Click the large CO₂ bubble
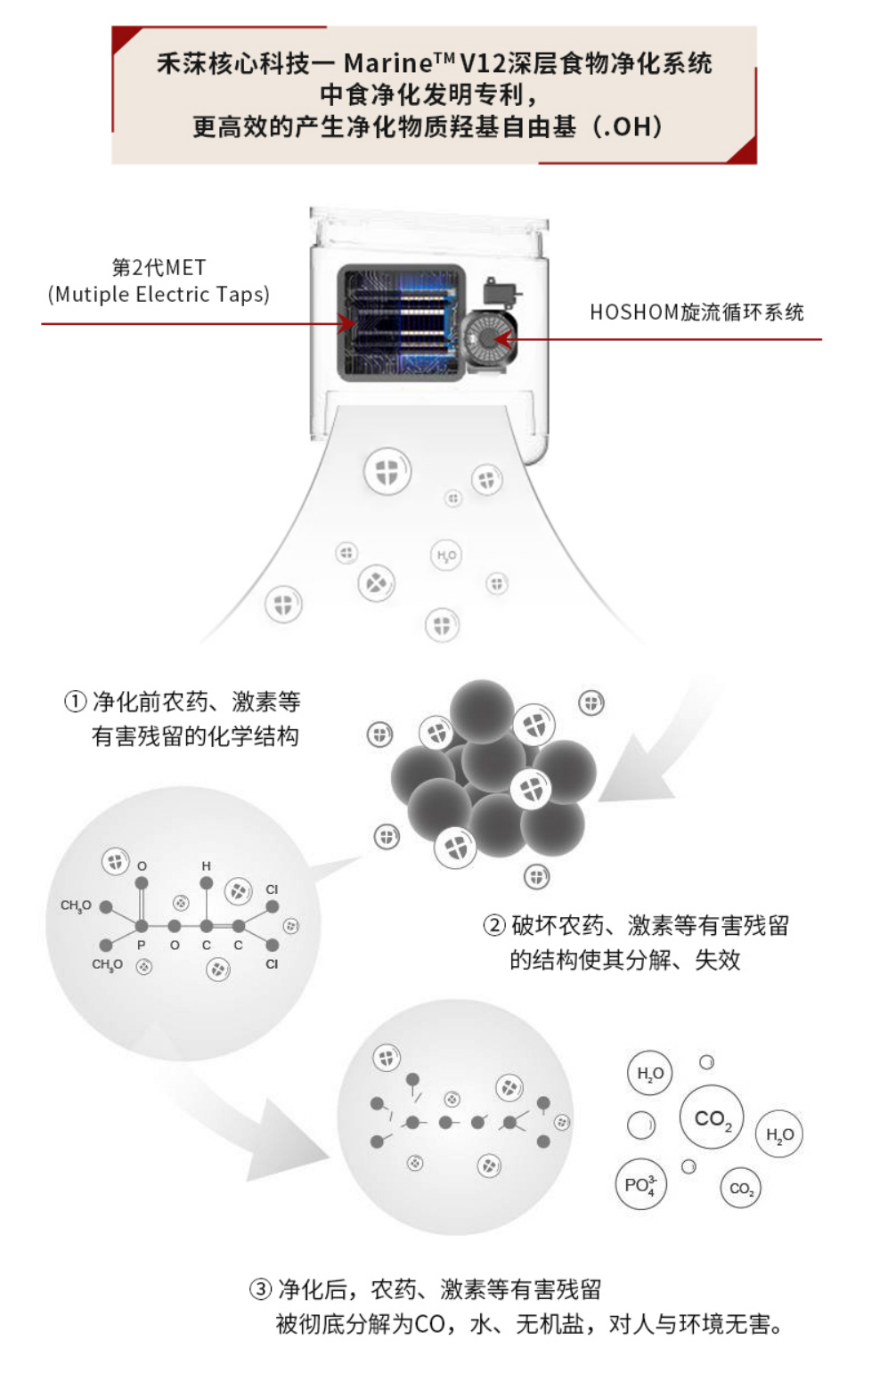pos(711,1118)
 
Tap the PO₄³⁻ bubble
pos(640,1185)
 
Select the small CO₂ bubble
pos(740,1188)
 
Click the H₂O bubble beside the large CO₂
pos(779,1134)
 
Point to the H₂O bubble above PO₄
pos(650,1074)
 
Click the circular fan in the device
pos(486,339)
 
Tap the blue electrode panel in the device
pos(401,323)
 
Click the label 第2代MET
pos(159,267)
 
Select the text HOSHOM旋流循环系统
pos(697,313)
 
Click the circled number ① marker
pos(76,702)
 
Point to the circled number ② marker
pos(494,925)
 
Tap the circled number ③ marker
pos(260,1288)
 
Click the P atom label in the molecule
pos(141,946)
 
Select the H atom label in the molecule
pos(206,865)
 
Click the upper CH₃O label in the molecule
pos(76,906)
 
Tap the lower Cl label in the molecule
pos(272,963)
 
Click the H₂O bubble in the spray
pos(446,556)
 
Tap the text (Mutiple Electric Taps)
pos(159,295)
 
